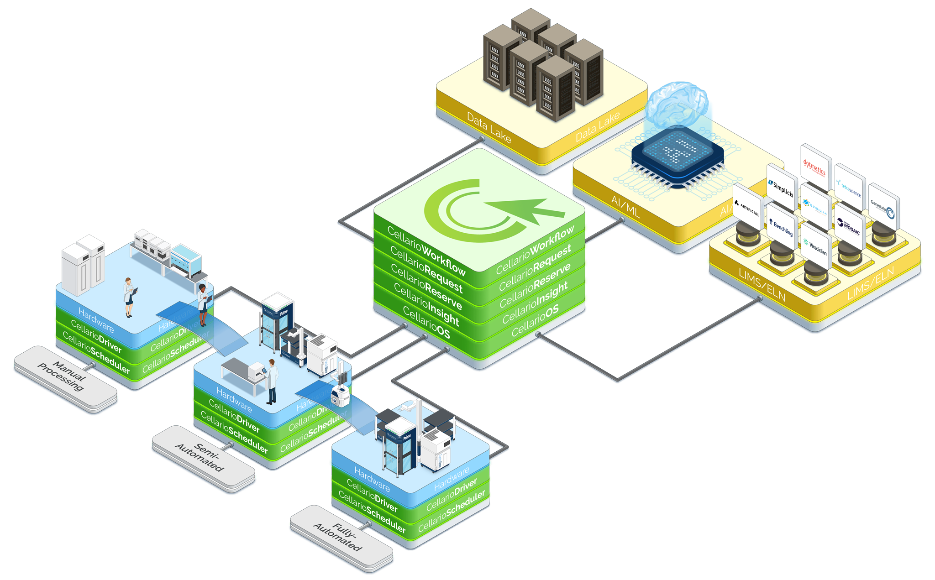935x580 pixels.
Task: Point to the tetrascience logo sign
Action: pos(850,188)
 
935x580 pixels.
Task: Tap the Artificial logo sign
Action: pos(747,207)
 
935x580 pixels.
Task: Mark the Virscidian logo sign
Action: pos(815,247)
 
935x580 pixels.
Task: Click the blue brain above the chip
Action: pos(679,105)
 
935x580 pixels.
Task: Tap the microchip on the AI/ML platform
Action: pos(677,156)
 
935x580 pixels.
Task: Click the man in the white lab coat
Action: pos(272,381)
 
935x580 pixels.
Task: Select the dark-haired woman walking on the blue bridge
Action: pos(203,303)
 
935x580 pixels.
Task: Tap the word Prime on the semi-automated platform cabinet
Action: pos(284,313)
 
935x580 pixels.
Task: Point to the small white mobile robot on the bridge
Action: pos(340,395)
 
